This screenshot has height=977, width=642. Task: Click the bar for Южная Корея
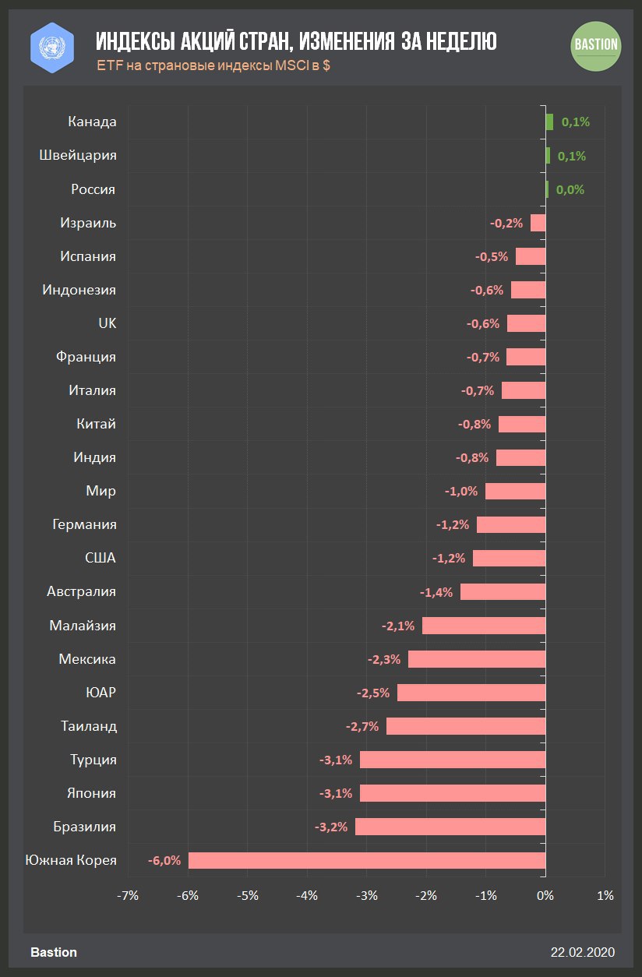pyautogui.click(x=366, y=860)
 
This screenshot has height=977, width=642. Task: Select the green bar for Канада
pyautogui.click(x=549, y=122)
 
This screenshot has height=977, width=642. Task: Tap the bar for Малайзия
pyautogui.click(x=484, y=626)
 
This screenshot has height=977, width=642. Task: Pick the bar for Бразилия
pyautogui.click(x=450, y=827)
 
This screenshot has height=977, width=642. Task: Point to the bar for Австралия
pyautogui.click(x=503, y=592)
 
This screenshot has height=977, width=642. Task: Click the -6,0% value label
pyautogui.click(x=164, y=860)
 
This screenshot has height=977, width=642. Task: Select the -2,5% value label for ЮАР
pyautogui.click(x=373, y=693)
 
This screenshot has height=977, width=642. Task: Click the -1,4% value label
pyautogui.click(x=436, y=592)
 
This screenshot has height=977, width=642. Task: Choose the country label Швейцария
pyautogui.click(x=78, y=155)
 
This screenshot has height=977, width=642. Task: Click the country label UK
pyautogui.click(x=107, y=323)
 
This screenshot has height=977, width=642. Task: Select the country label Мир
pyautogui.click(x=101, y=491)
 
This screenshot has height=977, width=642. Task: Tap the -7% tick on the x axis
pyautogui.click(x=128, y=895)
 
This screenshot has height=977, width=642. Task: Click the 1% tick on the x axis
pyautogui.click(x=605, y=895)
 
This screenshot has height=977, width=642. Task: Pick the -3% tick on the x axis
pyautogui.click(x=367, y=895)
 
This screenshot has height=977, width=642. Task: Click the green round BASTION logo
pyautogui.click(x=596, y=45)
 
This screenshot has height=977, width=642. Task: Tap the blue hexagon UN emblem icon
pyautogui.click(x=51, y=45)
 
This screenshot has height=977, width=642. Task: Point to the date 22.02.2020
pyautogui.click(x=583, y=952)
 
